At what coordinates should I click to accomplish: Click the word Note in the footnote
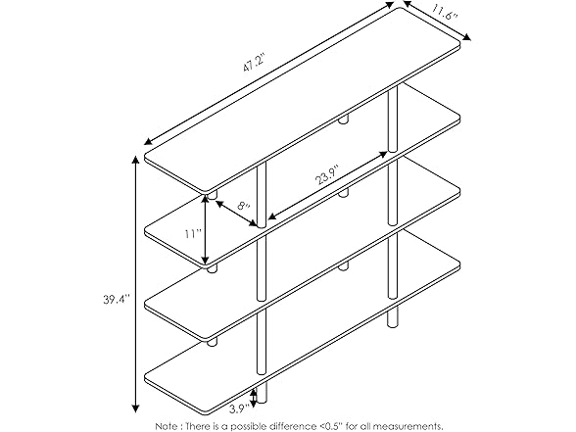(x=167, y=425)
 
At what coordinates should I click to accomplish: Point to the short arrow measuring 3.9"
(x=254, y=396)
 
